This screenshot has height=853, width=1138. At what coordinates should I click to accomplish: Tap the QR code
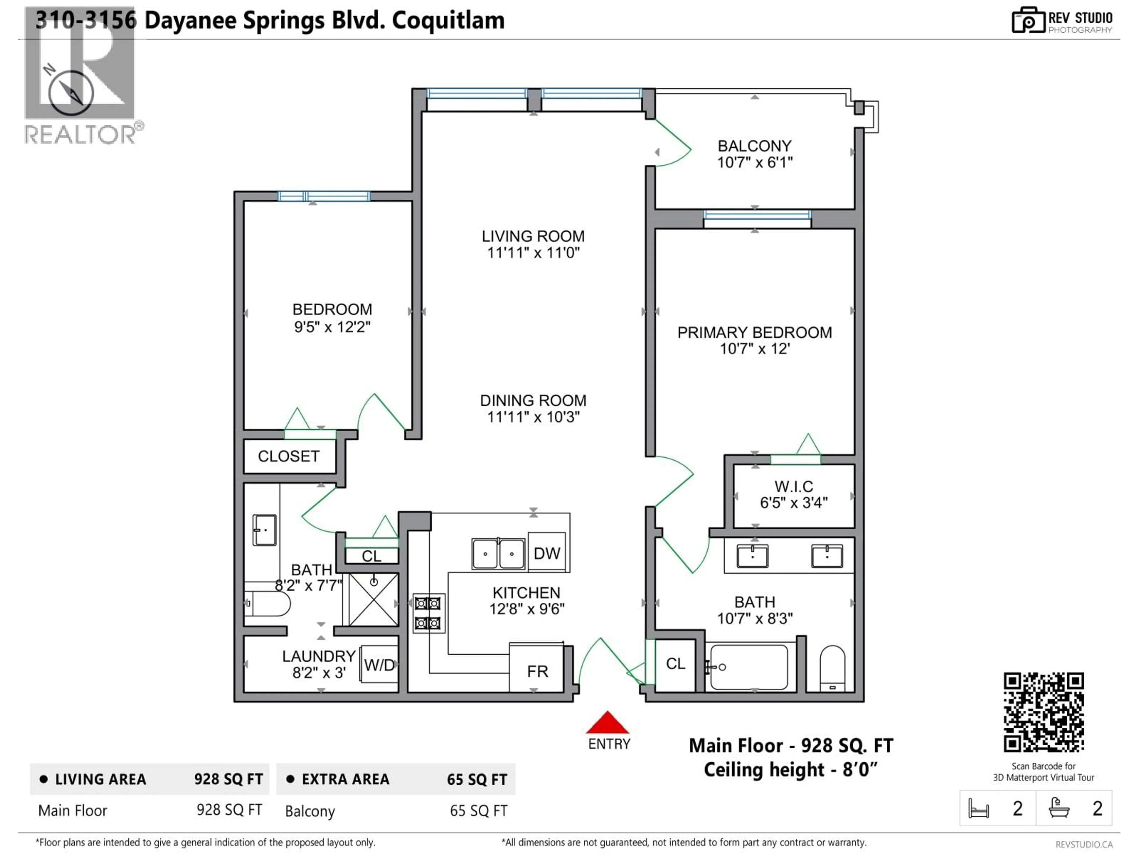click(x=1043, y=712)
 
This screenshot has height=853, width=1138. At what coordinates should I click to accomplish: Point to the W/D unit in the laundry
click(x=379, y=665)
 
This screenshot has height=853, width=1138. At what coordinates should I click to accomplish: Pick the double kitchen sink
click(x=498, y=554)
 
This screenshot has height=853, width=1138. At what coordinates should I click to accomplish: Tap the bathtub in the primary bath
click(x=749, y=667)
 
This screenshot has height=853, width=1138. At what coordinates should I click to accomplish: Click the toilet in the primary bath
click(x=832, y=667)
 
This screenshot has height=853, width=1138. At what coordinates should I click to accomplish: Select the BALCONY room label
click(x=754, y=146)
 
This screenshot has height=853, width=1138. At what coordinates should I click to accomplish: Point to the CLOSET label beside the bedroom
click(x=289, y=456)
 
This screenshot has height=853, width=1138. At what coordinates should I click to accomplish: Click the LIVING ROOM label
click(x=533, y=237)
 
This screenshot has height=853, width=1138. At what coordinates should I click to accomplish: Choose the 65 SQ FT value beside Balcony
click(x=478, y=811)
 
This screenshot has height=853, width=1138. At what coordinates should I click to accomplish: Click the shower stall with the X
click(x=373, y=599)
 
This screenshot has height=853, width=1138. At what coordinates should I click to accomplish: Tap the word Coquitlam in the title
click(x=448, y=20)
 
